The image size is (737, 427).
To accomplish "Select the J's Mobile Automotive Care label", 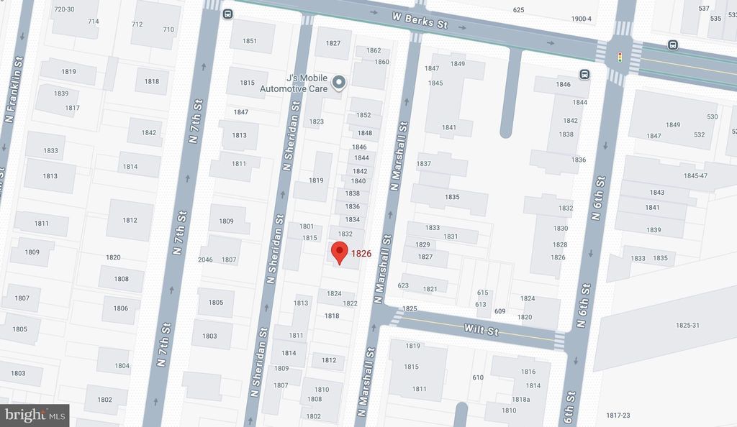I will (x=303, y=83).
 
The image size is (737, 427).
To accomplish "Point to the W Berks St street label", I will (x=420, y=20).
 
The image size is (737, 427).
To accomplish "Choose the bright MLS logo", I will (x=35, y=414).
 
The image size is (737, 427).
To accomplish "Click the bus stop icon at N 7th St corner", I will (x=227, y=14).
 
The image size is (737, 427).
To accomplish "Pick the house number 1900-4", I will (x=580, y=19).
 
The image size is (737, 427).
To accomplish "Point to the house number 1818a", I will (x=520, y=400).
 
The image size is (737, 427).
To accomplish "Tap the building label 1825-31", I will (x=687, y=326).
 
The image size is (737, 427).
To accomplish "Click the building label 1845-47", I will (x=695, y=175).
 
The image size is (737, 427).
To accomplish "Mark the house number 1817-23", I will (x=617, y=415).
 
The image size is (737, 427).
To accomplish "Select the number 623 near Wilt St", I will (x=403, y=285).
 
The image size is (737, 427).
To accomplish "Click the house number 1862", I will (x=374, y=50).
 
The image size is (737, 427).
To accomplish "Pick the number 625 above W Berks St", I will (x=519, y=10).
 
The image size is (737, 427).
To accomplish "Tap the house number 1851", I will (x=250, y=41).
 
